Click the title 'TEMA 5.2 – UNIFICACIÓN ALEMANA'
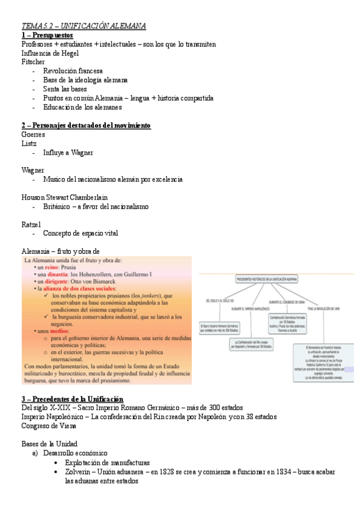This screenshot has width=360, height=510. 84,26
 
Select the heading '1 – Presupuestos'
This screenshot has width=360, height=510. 47,35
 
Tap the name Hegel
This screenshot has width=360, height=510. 67,53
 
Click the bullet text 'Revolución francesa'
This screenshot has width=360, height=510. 73,71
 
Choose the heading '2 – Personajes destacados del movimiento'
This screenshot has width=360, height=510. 85,125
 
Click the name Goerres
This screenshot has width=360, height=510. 33,135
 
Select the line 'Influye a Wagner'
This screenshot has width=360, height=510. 68,153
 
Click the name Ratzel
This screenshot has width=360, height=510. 31,224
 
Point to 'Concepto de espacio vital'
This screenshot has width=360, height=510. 81,233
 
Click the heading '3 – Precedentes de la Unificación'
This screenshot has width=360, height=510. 72,399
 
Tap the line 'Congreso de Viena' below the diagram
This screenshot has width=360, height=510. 49,426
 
